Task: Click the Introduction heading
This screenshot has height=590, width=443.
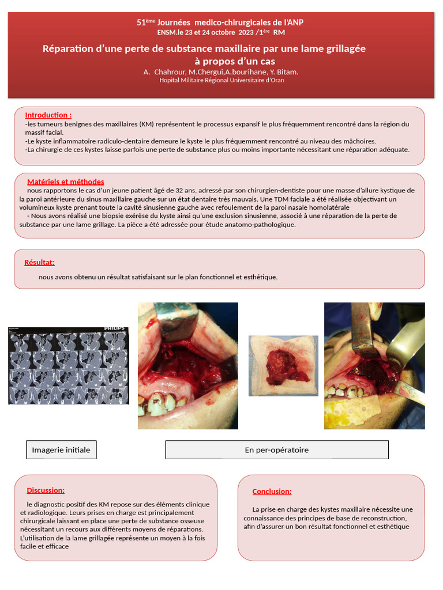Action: point(48,115)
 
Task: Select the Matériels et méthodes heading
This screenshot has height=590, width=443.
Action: point(66,181)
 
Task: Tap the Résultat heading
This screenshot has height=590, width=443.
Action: point(39,263)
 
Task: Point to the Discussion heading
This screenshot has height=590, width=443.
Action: point(46,490)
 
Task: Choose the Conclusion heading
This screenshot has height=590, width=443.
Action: point(272,491)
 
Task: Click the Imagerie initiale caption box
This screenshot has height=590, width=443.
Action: point(61,450)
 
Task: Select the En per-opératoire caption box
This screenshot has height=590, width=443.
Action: point(277,450)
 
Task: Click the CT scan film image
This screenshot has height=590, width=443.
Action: point(69,366)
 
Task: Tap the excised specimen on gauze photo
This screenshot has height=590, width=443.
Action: point(283,366)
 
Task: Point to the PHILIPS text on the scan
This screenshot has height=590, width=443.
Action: point(114,329)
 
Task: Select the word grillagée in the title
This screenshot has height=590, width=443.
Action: point(340,48)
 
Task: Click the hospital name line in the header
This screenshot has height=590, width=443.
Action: point(221,80)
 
